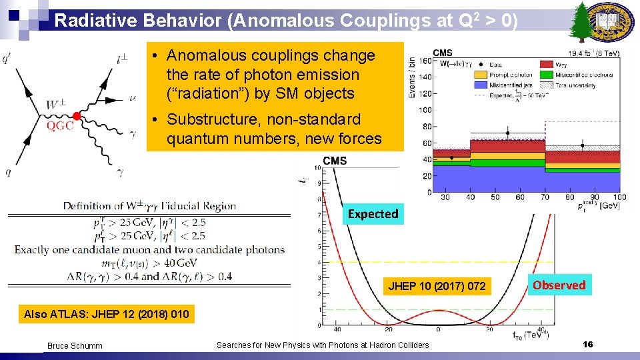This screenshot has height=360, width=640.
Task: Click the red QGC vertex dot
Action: pos(77,117)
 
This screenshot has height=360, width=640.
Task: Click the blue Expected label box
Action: pos(373,214)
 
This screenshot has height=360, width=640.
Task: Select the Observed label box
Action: pos(559,285)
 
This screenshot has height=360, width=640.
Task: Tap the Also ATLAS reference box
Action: pos(106,314)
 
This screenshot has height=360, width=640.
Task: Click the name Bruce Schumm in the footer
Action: pos(75,345)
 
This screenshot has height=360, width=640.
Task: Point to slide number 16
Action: pos(587,344)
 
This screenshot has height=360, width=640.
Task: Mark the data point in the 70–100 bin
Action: pos(582,145)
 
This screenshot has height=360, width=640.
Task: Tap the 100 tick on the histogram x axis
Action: pos(619,197)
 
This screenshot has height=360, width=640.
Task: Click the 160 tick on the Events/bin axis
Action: pos(425,61)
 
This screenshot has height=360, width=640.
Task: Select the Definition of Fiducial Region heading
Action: pos(149,205)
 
